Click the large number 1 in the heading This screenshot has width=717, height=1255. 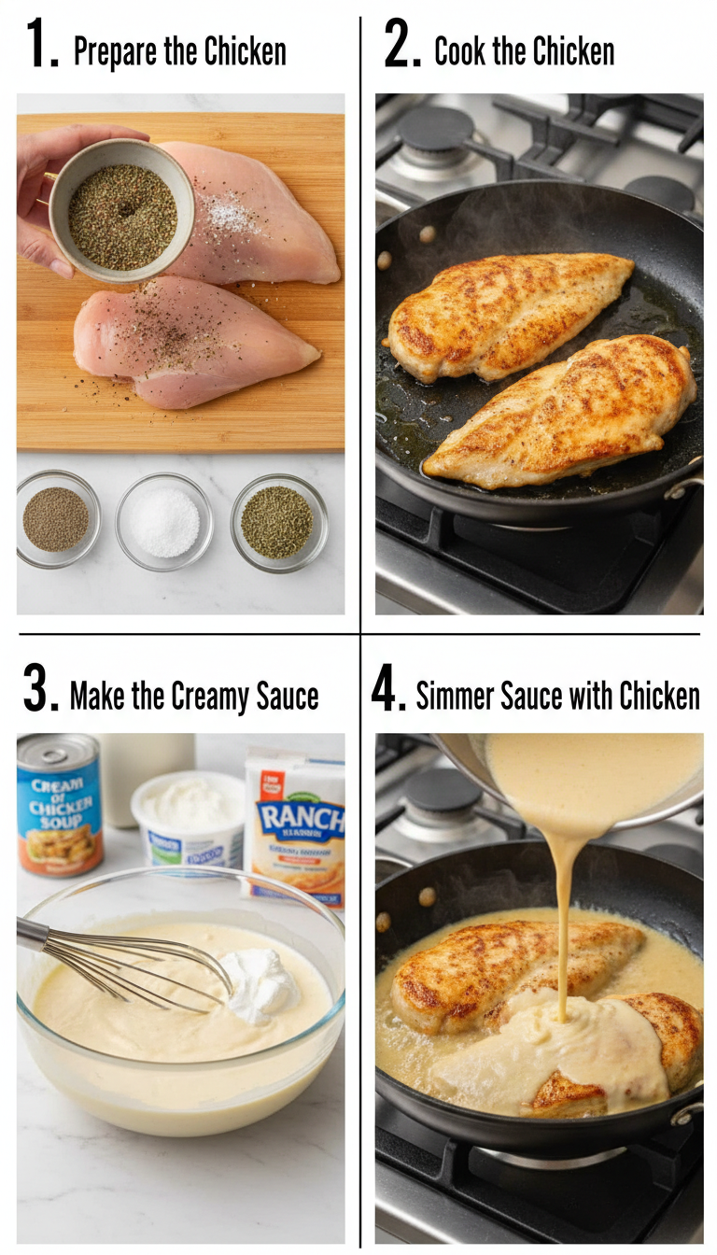(41, 45)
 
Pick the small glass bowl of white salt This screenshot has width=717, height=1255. (163, 521)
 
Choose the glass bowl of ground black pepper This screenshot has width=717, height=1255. (56, 519)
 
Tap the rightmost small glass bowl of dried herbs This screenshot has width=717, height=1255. (277, 521)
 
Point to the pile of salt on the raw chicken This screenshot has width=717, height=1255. (229, 217)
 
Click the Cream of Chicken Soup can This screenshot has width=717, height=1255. (59, 805)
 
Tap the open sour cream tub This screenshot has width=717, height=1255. (190, 814)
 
